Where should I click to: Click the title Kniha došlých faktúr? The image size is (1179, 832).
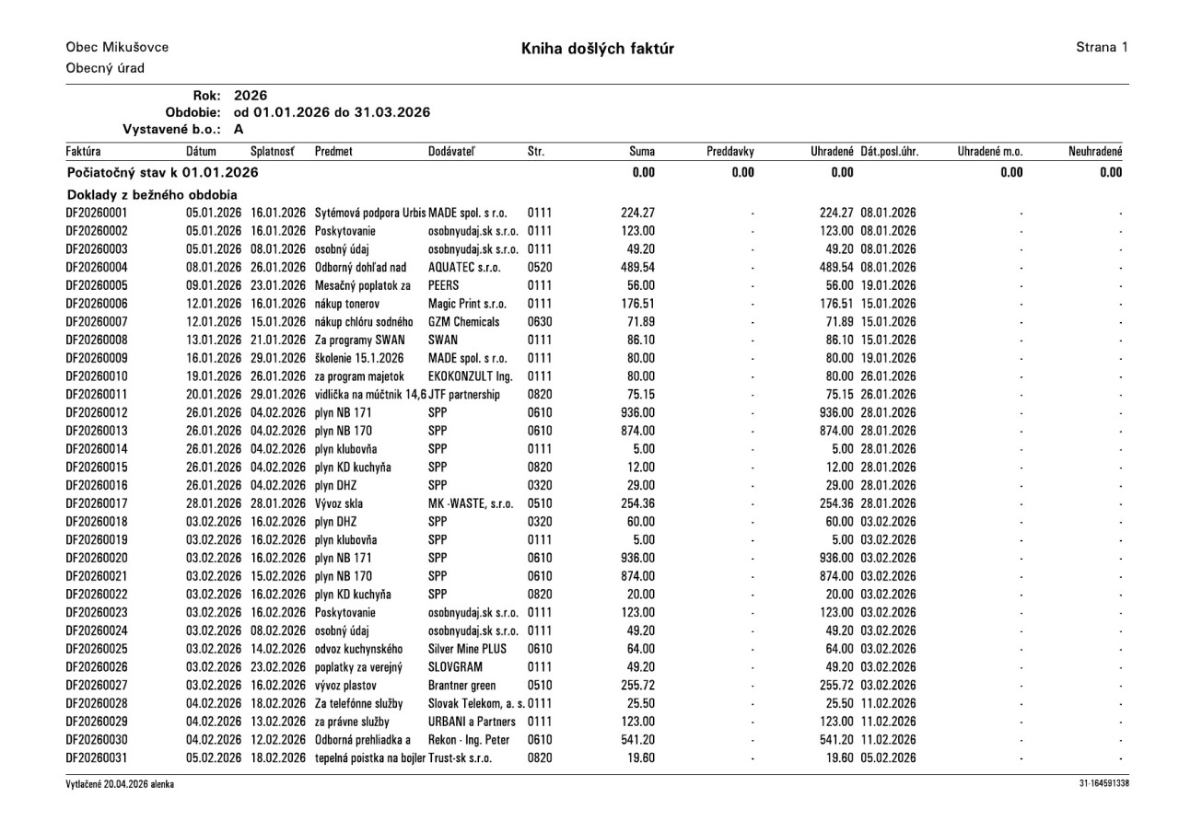click(597, 48)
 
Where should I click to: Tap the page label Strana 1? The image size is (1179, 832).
click(1101, 47)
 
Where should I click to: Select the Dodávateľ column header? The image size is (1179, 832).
click(452, 150)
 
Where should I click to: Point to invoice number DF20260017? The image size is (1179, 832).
click(97, 503)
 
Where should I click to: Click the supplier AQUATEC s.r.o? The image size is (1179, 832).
click(464, 267)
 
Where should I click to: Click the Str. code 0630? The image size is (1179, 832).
click(540, 321)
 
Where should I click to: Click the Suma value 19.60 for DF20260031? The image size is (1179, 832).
click(640, 757)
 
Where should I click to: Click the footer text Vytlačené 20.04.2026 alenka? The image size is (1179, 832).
click(120, 783)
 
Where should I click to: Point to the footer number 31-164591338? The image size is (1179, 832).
click(1103, 783)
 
